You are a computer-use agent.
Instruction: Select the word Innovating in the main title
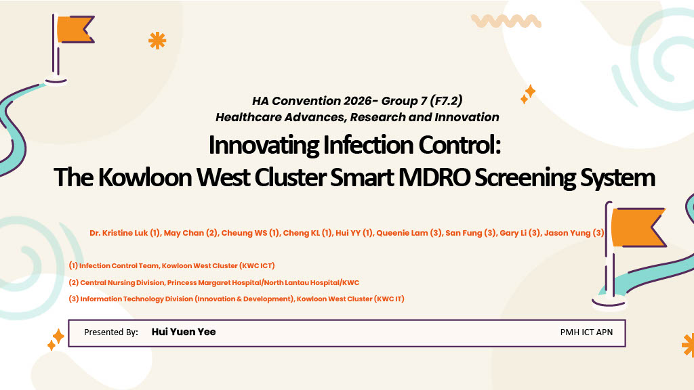click(264, 145)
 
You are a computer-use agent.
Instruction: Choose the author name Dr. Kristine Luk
click(119, 233)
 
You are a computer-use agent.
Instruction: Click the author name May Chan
click(184, 233)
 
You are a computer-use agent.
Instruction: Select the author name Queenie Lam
click(403, 233)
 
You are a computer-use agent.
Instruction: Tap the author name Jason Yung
click(567, 233)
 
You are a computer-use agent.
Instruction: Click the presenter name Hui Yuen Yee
click(184, 332)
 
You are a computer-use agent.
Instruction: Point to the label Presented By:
click(111, 332)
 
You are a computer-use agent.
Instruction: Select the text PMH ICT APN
click(586, 332)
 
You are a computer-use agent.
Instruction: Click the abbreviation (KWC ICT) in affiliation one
click(257, 265)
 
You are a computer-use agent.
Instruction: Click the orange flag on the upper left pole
click(75, 30)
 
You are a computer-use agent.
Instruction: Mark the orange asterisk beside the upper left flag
click(157, 41)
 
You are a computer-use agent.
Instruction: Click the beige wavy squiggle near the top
click(506, 21)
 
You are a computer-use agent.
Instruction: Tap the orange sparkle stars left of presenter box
click(56, 340)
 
